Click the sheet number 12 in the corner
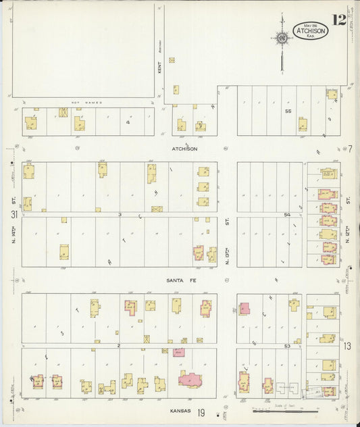click(338, 20)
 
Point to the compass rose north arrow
click(281, 37)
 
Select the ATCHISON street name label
click(184, 149)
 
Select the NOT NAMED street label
click(86, 103)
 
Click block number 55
click(288, 111)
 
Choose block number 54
click(286, 214)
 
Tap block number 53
click(286, 346)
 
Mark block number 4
click(128, 122)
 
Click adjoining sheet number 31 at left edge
click(14, 214)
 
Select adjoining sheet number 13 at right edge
click(347, 346)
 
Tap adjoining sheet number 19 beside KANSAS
click(201, 411)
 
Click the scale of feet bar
click(284, 409)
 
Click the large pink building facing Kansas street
click(192, 378)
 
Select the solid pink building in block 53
click(244, 309)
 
